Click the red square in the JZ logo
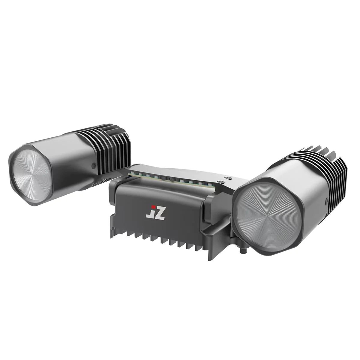click(153, 207)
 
